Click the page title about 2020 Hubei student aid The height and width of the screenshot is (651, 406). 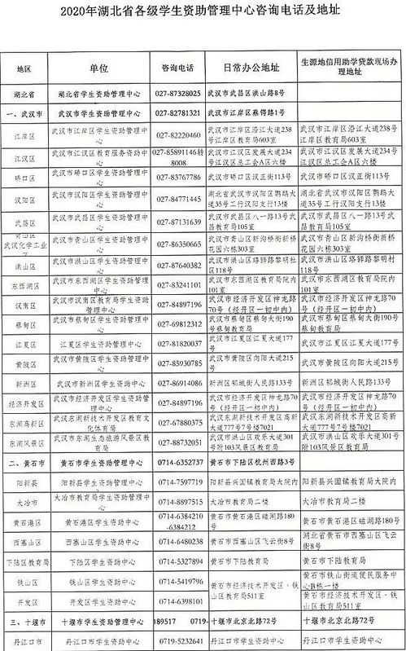click(203, 13)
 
